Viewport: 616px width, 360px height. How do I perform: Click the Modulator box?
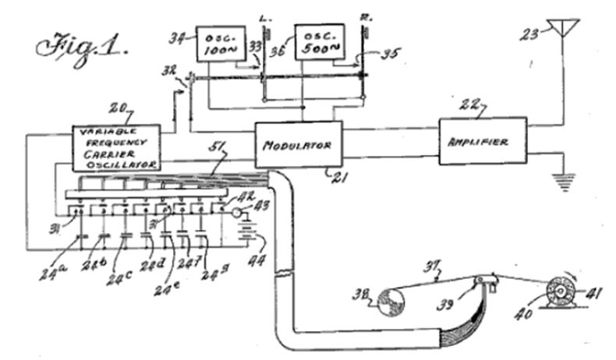click(296, 145)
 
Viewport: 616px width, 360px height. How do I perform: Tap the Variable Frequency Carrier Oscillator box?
click(116, 147)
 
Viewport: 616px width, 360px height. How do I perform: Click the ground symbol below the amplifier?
click(561, 181)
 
